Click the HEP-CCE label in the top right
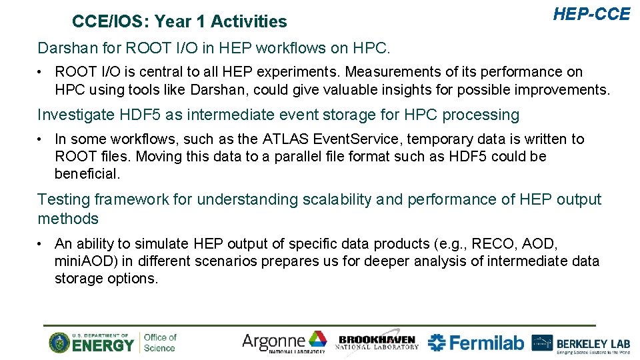[x=591, y=14]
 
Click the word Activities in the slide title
[x=249, y=22]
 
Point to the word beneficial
[x=87, y=174]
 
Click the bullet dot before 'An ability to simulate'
[x=41, y=244]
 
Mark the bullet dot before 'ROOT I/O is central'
[x=41, y=72]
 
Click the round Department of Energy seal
[x=59, y=343]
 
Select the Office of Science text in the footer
[x=160, y=343]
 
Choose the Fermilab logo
[x=475, y=343]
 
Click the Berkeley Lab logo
[x=581, y=343]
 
